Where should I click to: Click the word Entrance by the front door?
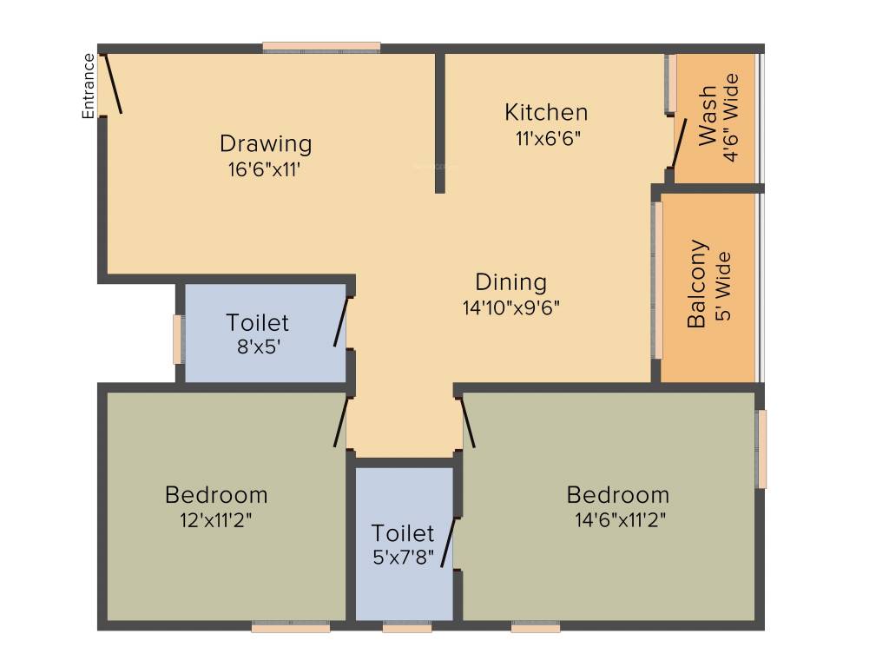coord(89,86)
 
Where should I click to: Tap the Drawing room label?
coord(265,143)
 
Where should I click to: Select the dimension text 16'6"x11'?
coord(265,168)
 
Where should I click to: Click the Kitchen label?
coord(546,112)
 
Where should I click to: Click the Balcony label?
coord(697,284)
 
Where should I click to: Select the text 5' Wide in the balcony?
coord(723,287)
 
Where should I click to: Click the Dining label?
coord(511,282)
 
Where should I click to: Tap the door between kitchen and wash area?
coord(679,143)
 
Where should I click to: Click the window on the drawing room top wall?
coord(321,47)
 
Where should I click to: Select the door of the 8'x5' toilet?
coord(341,322)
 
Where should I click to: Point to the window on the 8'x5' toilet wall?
coord(177,339)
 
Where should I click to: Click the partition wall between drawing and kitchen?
coord(440,122)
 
